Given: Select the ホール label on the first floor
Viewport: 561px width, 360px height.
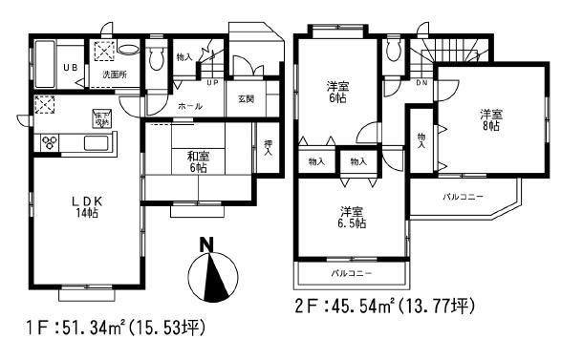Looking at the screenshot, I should pyautogui.click(x=190, y=106).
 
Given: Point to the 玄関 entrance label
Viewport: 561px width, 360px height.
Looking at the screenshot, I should pyautogui.click(x=246, y=99).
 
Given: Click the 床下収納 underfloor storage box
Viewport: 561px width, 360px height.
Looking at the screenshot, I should pyautogui.click(x=100, y=118).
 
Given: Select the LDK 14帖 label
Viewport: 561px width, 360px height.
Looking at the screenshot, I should pyautogui.click(x=85, y=207).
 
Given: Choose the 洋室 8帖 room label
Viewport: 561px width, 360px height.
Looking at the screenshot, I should pyautogui.click(x=491, y=119).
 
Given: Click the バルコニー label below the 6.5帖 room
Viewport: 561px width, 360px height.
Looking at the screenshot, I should pyautogui.click(x=351, y=273).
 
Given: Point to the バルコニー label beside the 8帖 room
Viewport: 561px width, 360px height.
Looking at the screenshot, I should pyautogui.click(x=463, y=197).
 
